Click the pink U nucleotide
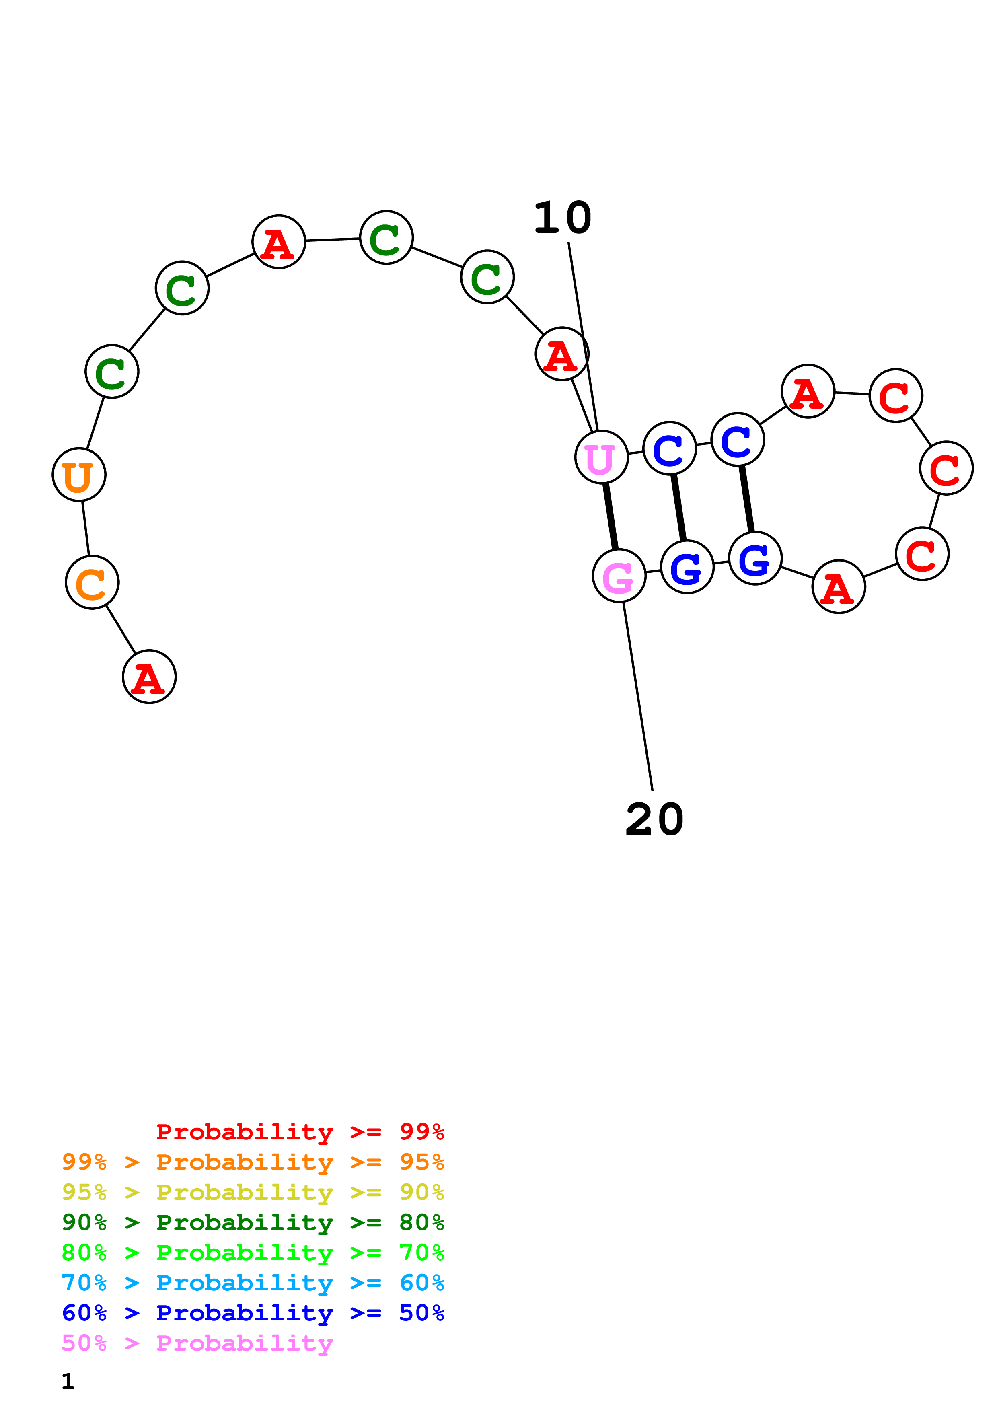click(x=601, y=457)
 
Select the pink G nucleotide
click(x=619, y=576)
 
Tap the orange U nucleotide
click(x=79, y=475)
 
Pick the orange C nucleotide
click(x=92, y=582)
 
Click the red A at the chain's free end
click(x=149, y=677)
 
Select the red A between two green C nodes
click(x=279, y=241)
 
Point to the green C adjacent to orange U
click(x=112, y=371)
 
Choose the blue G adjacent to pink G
click(x=687, y=567)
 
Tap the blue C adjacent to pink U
click(x=670, y=448)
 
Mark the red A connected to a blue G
click(x=839, y=586)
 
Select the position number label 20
click(x=654, y=819)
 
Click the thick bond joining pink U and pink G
click(x=610, y=516)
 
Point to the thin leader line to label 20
click(x=637, y=696)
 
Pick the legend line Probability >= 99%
click(x=300, y=1131)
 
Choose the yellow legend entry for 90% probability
click(x=253, y=1192)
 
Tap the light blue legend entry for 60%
click(x=253, y=1283)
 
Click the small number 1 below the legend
click(x=68, y=1382)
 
